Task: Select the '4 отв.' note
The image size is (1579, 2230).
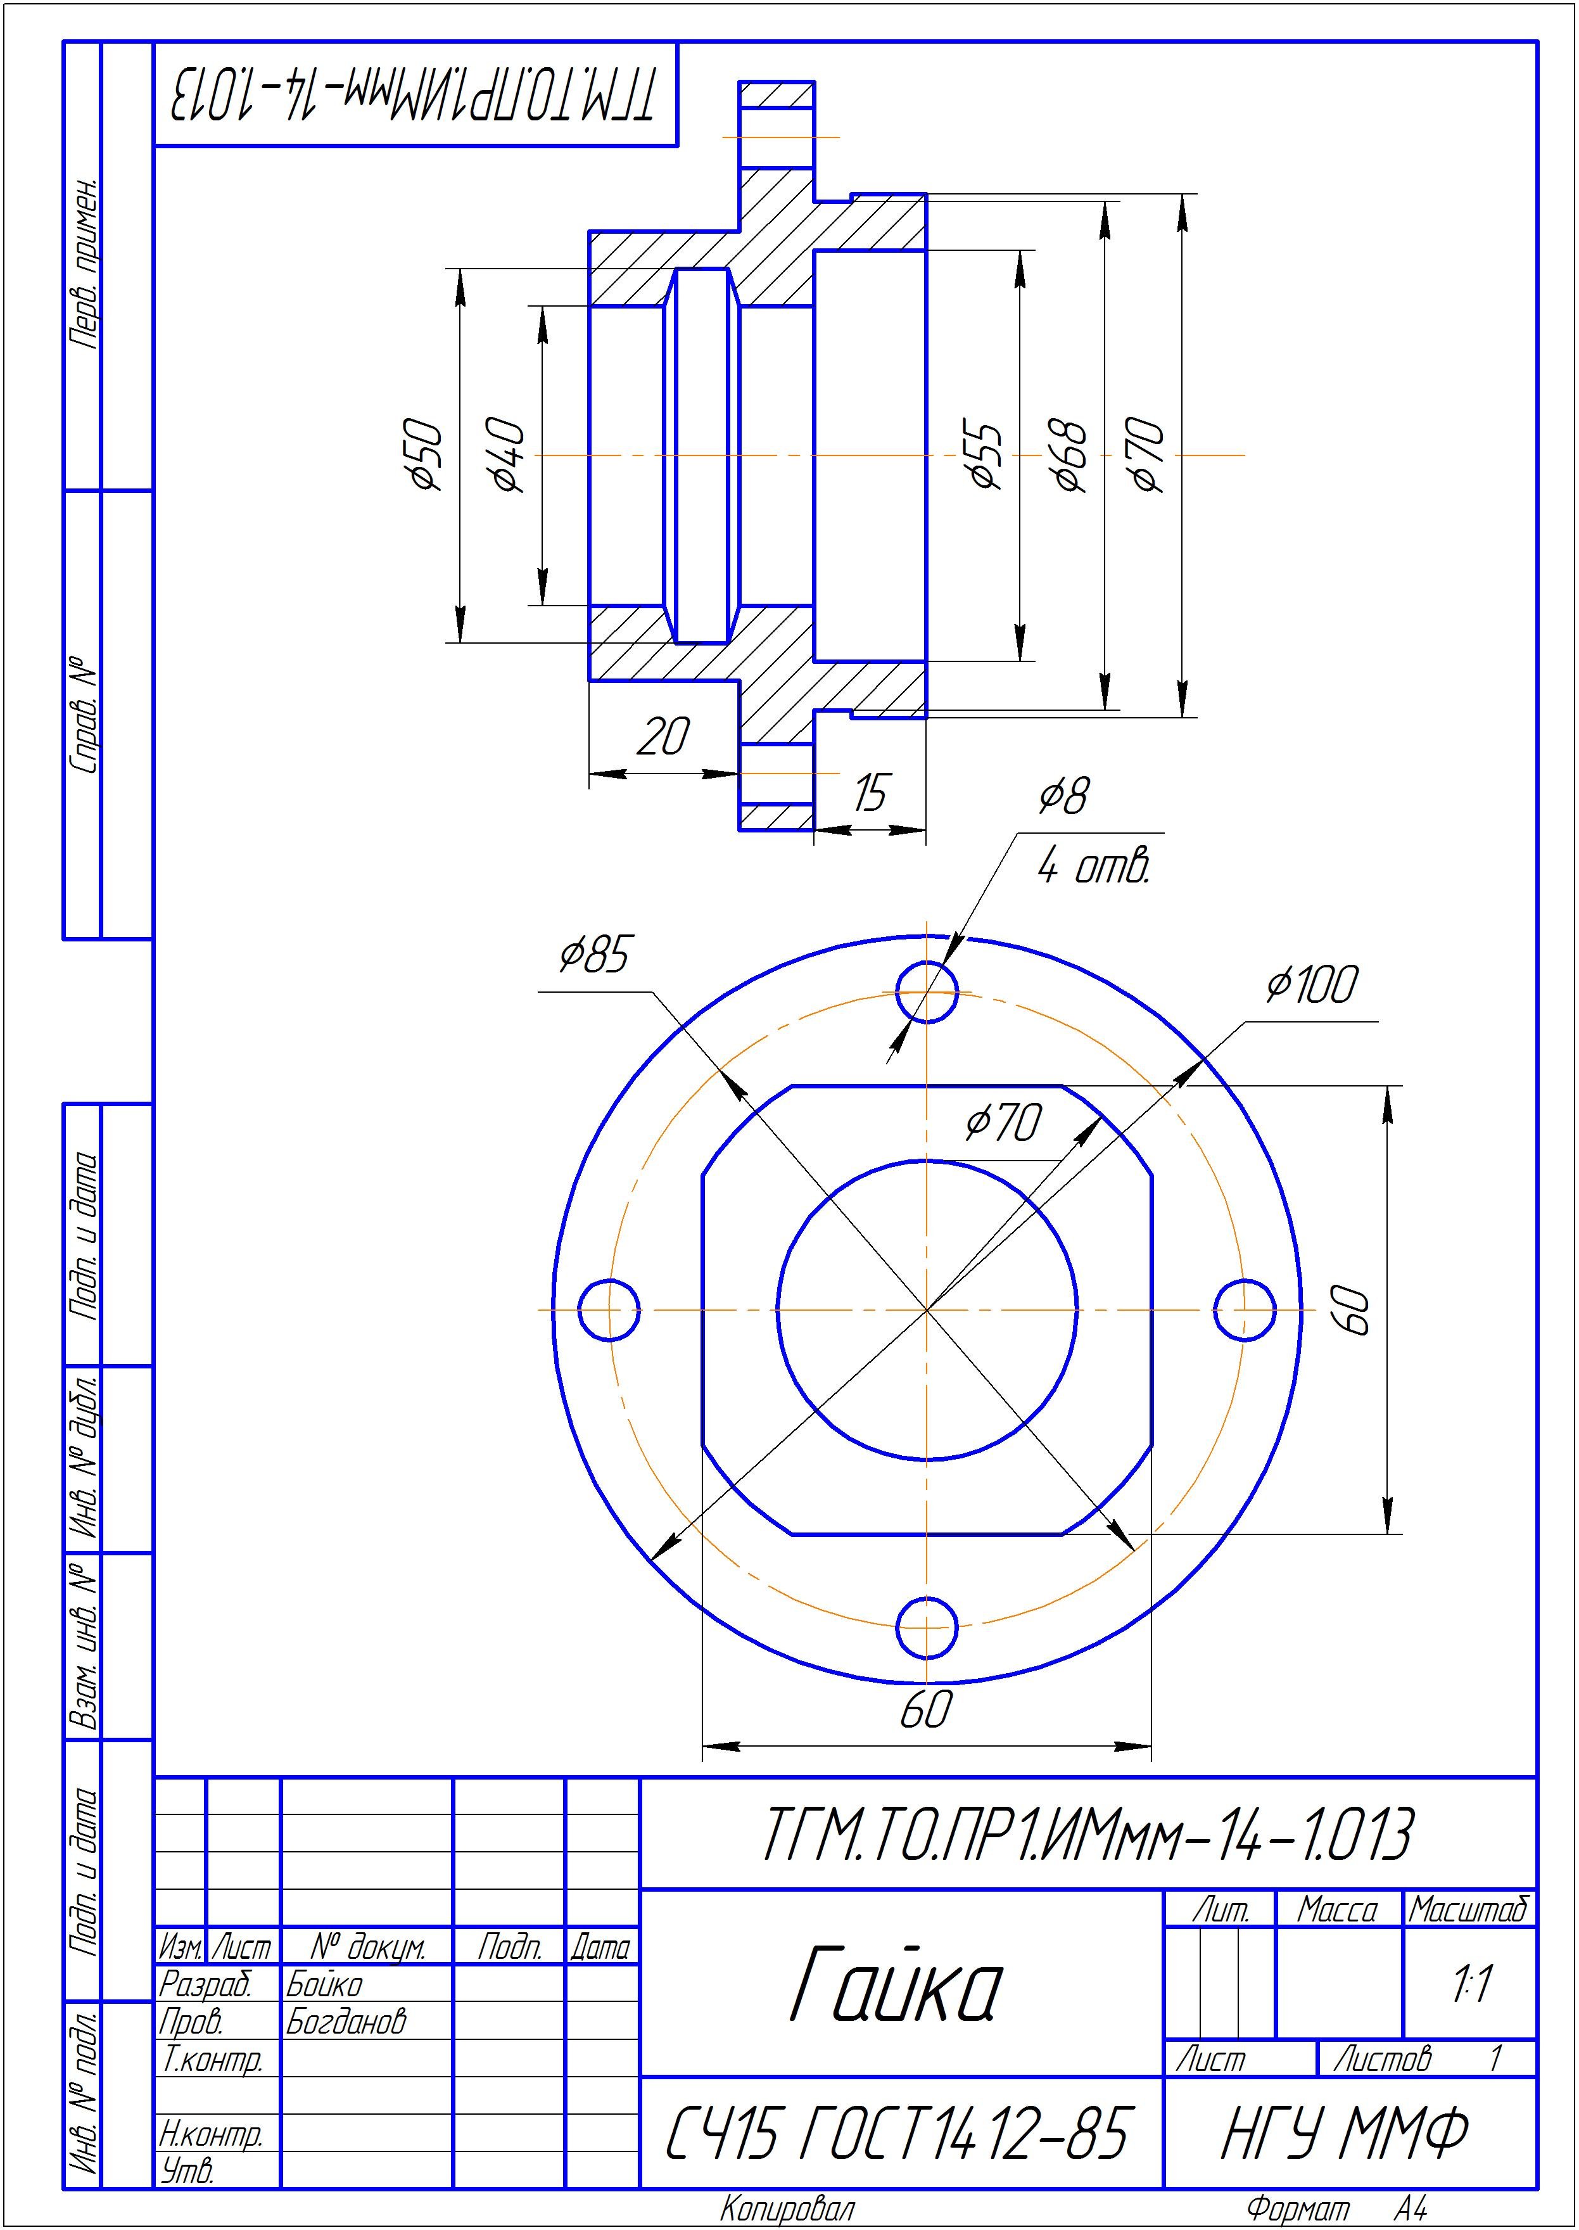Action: (x=1093, y=865)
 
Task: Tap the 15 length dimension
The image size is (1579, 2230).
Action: (x=869, y=793)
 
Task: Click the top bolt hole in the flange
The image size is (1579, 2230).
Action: (x=927, y=992)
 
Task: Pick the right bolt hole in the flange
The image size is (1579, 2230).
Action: (x=1245, y=1310)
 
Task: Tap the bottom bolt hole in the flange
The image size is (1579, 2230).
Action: (x=927, y=1627)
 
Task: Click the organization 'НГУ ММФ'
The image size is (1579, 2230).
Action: (x=1345, y=2135)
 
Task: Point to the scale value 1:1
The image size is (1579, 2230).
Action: (x=1471, y=1985)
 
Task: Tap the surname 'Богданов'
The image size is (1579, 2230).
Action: (x=345, y=2022)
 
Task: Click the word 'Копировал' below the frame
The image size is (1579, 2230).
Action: (x=787, y=2210)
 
